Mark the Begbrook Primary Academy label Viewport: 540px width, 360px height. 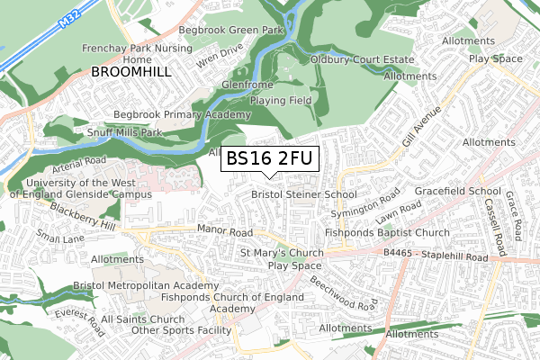pos(182,115)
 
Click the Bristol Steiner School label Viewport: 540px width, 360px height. pos(303,194)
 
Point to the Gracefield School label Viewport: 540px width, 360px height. pos(457,192)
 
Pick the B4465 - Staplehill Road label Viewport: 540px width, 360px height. pos(434,256)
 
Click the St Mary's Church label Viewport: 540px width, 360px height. pos(282,253)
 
